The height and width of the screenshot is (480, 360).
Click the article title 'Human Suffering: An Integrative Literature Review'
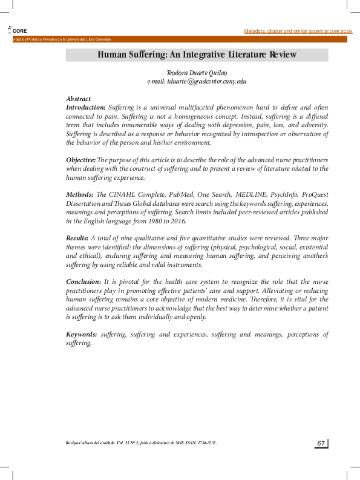click(x=197, y=55)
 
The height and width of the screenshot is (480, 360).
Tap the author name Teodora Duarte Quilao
click(x=197, y=72)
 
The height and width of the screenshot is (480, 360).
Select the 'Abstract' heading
click(x=79, y=99)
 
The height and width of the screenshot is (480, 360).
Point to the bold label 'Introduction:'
click(x=86, y=107)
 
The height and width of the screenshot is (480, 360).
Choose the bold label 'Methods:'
click(x=79, y=195)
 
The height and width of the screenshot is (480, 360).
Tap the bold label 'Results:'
click(x=77, y=238)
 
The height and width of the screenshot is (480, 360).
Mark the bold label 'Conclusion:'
click(x=84, y=281)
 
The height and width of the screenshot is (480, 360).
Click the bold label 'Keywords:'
click(x=82, y=334)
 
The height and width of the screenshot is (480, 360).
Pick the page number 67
click(x=321, y=444)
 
